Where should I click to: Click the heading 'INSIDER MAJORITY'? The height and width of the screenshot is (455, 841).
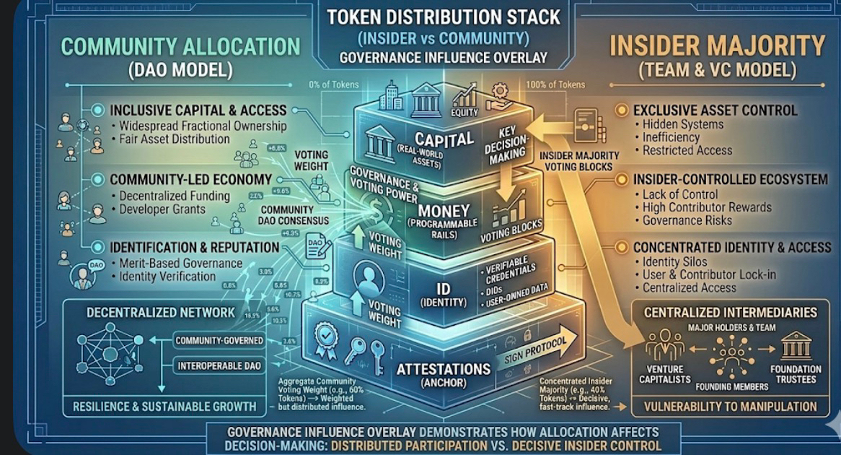pos(717,46)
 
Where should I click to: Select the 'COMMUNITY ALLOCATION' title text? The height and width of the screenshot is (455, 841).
pos(180,46)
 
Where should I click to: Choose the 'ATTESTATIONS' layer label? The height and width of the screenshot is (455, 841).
pos(442,370)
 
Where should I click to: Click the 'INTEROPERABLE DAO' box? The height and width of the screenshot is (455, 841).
pos(219,366)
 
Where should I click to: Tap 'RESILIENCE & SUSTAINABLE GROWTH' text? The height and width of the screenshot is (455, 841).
pos(164,407)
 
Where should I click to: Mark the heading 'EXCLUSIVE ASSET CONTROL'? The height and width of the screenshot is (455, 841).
pos(715,110)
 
